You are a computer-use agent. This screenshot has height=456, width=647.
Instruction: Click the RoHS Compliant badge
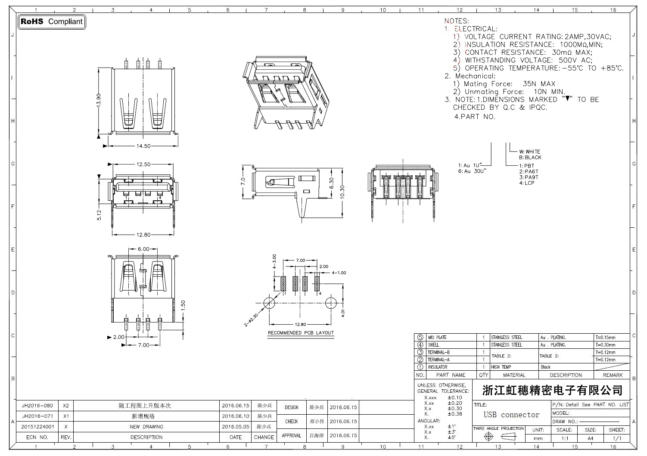[x=52, y=22]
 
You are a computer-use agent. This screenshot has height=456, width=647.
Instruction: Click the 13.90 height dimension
[x=99, y=100]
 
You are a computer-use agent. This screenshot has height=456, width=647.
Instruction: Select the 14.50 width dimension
[x=143, y=146]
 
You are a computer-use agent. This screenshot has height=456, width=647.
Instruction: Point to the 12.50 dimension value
[x=143, y=164]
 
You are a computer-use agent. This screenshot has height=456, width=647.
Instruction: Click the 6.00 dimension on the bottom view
[x=143, y=249]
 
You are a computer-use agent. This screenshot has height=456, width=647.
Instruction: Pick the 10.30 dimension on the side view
[x=343, y=192]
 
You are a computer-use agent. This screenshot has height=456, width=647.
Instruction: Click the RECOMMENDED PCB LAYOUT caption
[x=301, y=333]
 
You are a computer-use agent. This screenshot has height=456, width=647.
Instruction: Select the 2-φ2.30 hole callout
[x=251, y=320]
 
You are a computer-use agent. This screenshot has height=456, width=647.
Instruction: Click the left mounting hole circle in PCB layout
[x=269, y=303]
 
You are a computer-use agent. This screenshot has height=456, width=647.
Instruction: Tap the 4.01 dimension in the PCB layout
[x=343, y=313]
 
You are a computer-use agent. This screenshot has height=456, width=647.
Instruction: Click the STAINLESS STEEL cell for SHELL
[x=507, y=345]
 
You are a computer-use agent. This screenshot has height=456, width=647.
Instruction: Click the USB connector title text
[x=511, y=415]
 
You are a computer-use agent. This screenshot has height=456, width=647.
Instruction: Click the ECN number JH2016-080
[x=37, y=406]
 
